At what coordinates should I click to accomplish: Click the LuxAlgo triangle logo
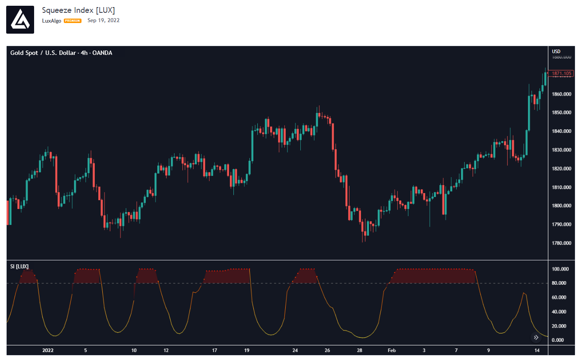click(20, 19)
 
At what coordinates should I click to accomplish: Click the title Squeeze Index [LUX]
click(78, 10)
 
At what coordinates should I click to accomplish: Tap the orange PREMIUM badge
click(73, 21)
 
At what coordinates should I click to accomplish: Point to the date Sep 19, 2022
click(103, 20)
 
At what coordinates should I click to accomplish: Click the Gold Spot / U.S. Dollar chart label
click(61, 53)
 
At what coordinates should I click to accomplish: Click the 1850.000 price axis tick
click(562, 112)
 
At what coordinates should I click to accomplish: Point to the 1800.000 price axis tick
click(562, 205)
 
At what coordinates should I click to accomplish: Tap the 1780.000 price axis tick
click(562, 243)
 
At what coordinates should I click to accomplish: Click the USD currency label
click(556, 51)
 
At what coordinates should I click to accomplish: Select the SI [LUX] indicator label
click(19, 267)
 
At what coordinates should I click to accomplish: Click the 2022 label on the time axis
click(48, 350)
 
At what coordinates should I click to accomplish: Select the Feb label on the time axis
click(392, 350)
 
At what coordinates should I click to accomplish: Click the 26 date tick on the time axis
click(327, 350)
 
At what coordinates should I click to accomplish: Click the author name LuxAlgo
click(51, 21)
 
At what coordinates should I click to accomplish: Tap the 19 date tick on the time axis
click(247, 350)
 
